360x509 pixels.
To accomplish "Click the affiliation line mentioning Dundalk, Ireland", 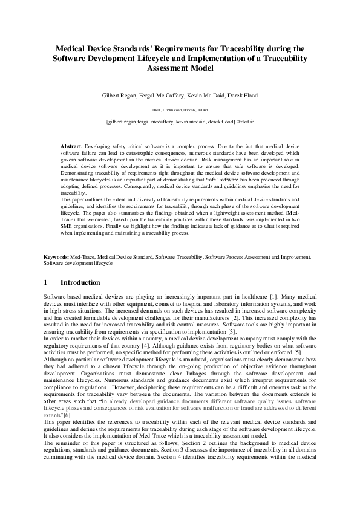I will [180, 110].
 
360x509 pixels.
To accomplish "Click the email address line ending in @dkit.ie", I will [180, 122].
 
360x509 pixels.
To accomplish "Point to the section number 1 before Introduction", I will [46, 282].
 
